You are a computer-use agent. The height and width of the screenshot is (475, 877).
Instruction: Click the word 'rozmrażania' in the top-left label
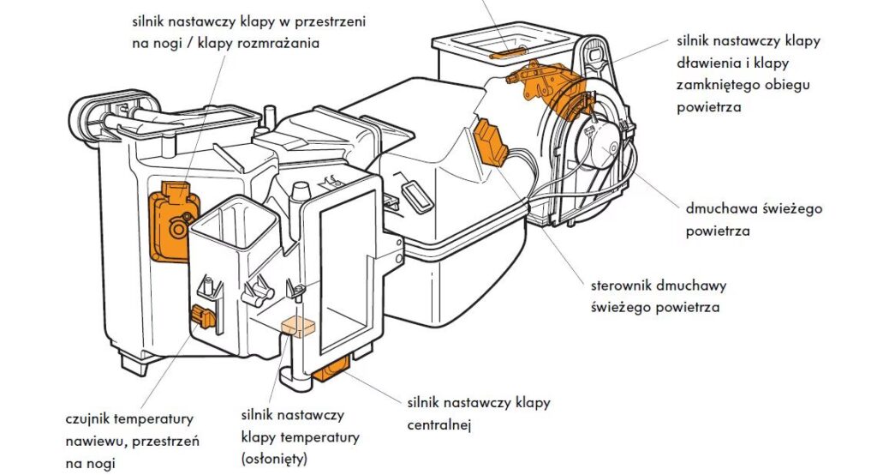tap(279, 43)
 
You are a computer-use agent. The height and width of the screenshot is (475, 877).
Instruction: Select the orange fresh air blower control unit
tap(492, 141)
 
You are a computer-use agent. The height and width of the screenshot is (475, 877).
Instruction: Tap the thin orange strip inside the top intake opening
tap(507, 52)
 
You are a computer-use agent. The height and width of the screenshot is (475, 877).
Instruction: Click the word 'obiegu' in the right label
tap(788, 85)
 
